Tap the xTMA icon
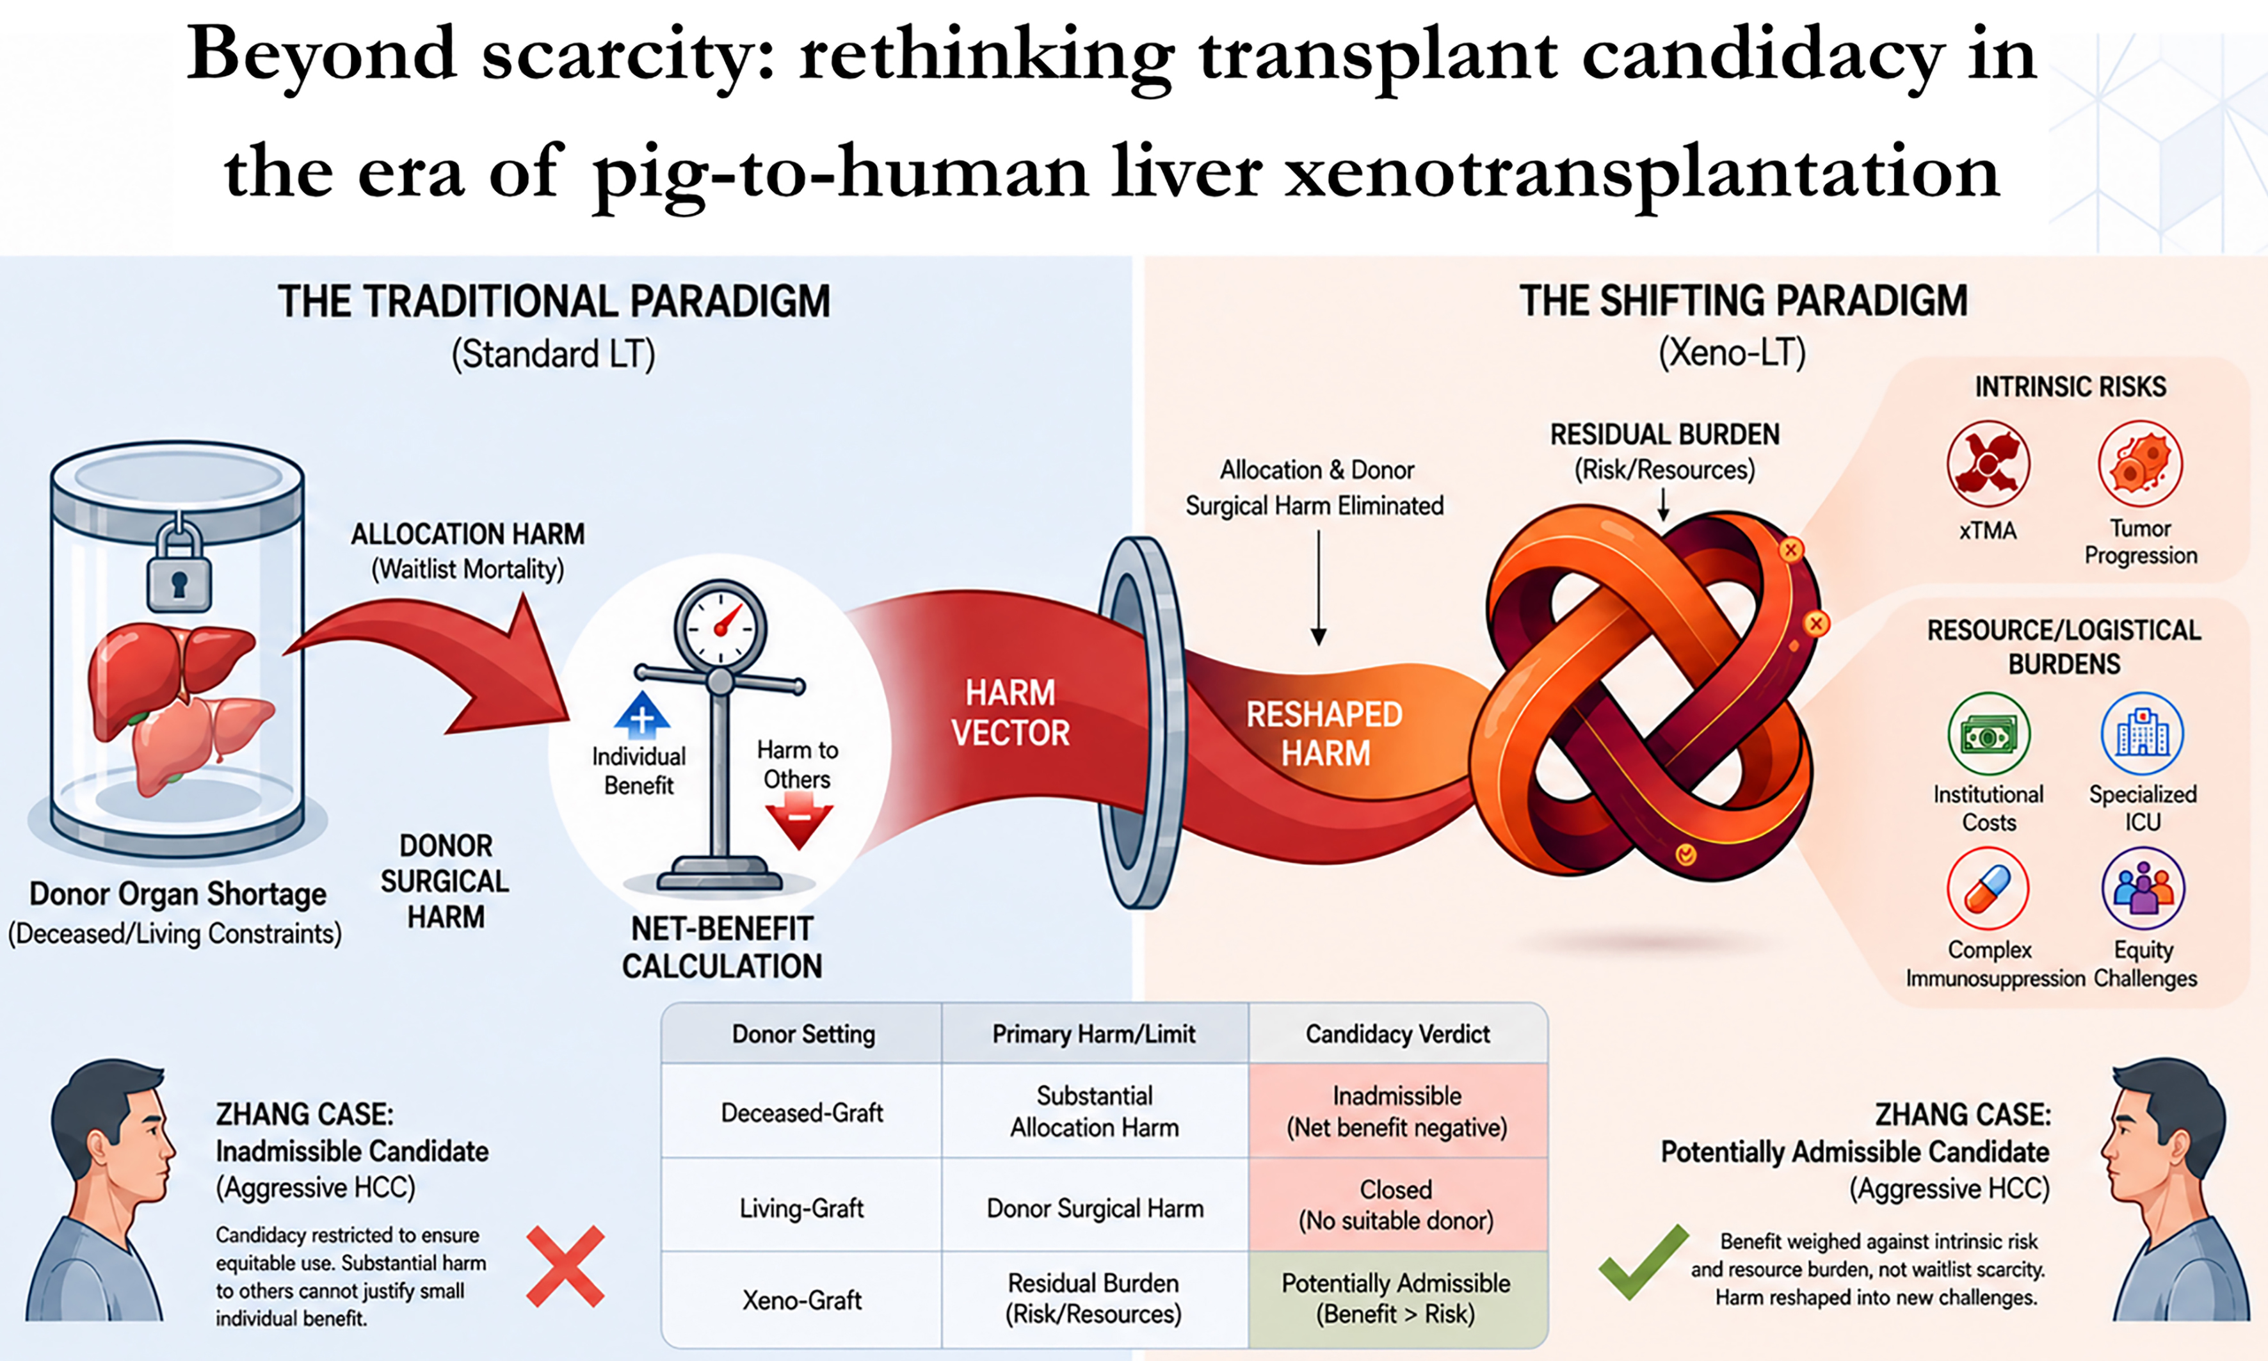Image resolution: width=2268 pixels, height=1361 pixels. pyautogui.click(x=1988, y=463)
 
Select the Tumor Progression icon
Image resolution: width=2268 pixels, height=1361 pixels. pyautogui.click(x=2141, y=463)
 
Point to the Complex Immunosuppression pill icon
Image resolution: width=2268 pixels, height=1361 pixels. pyautogui.click(x=1988, y=889)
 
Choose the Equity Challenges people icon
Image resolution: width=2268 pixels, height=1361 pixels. pyautogui.click(x=2143, y=889)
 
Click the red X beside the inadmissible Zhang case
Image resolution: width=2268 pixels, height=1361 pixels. pyautogui.click(x=565, y=1266)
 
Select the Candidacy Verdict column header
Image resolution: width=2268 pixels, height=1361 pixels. pyautogui.click(x=1397, y=1034)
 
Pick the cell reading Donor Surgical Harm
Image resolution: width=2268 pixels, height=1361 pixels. pyautogui.click(x=1095, y=1208)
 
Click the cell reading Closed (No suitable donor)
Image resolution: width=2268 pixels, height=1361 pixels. pyautogui.click(x=1397, y=1204)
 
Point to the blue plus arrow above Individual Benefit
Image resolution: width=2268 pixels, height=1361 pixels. pyautogui.click(x=642, y=715)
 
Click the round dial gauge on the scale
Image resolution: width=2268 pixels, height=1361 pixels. pyautogui.click(x=721, y=625)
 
